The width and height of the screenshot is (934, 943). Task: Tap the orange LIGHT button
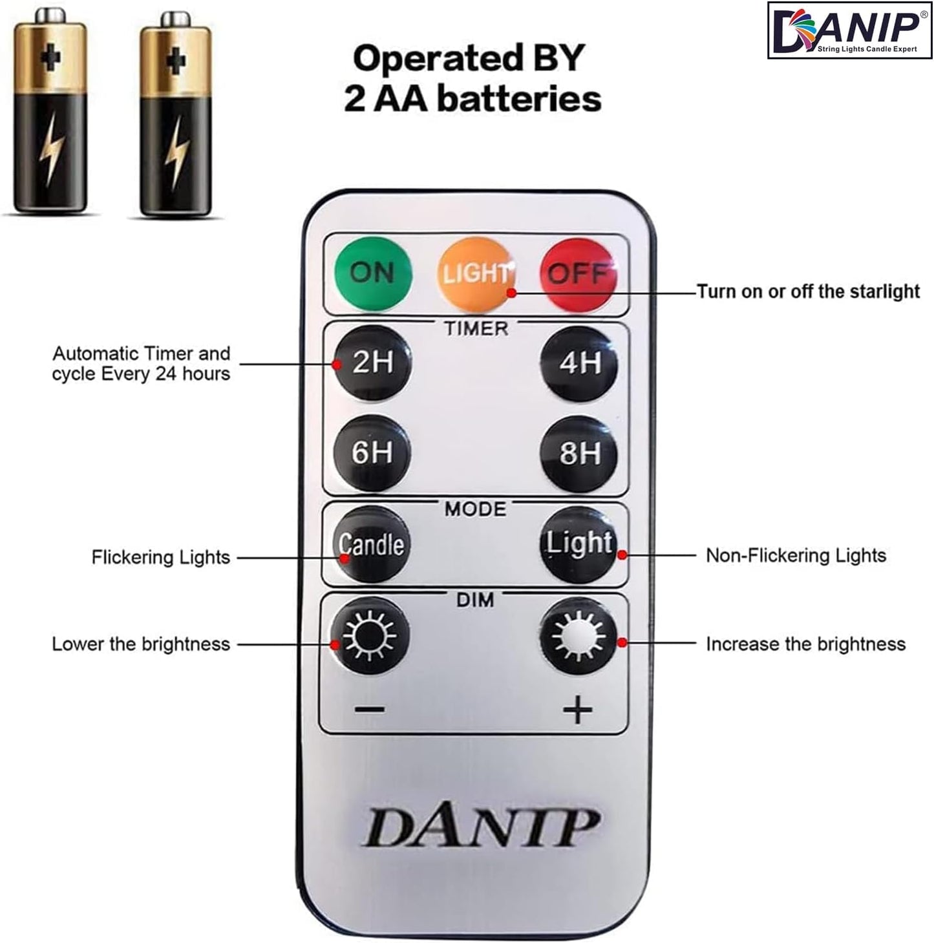[476, 274]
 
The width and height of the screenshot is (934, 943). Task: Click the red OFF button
[578, 274]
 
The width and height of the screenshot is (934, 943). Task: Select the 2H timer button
[372, 363]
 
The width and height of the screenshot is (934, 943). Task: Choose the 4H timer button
[579, 363]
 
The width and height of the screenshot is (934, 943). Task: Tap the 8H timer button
[579, 452]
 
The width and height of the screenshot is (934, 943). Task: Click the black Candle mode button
[372, 544]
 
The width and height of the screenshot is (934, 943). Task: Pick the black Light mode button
[578, 544]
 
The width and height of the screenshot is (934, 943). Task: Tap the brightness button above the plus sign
[578, 636]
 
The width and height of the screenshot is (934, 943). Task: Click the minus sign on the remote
[370, 710]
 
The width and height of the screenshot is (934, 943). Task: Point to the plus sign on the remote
[577, 710]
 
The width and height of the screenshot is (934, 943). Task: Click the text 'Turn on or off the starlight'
[808, 291]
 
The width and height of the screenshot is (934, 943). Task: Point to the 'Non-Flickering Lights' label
[796, 556]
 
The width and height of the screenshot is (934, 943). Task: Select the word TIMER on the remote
[476, 329]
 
